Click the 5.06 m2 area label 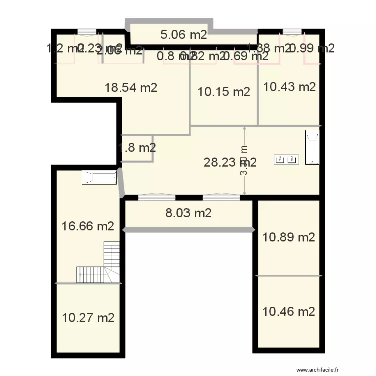tap(183, 35)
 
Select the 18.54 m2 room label tap(131, 87)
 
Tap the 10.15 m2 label tap(224, 92)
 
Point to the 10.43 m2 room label tap(290, 87)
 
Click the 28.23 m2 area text tap(230, 162)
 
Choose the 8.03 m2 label tap(189, 213)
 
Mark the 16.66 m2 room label tap(88, 226)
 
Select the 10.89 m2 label tap(289, 237)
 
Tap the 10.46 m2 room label tap(289, 311)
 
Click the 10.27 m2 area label tap(88, 317)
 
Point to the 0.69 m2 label tap(246, 56)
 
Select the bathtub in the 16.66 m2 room tap(99, 177)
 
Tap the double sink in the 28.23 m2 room tap(286, 160)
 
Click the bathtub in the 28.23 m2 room tap(312, 147)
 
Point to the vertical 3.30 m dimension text tap(244, 160)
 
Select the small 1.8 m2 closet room tap(137, 148)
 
